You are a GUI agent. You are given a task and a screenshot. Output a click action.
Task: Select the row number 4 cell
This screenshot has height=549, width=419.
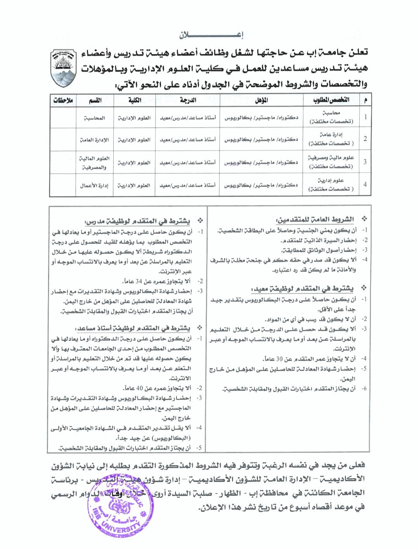click(365, 185)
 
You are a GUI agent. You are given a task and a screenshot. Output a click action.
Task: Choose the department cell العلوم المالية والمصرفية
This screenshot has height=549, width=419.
click(94, 163)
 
